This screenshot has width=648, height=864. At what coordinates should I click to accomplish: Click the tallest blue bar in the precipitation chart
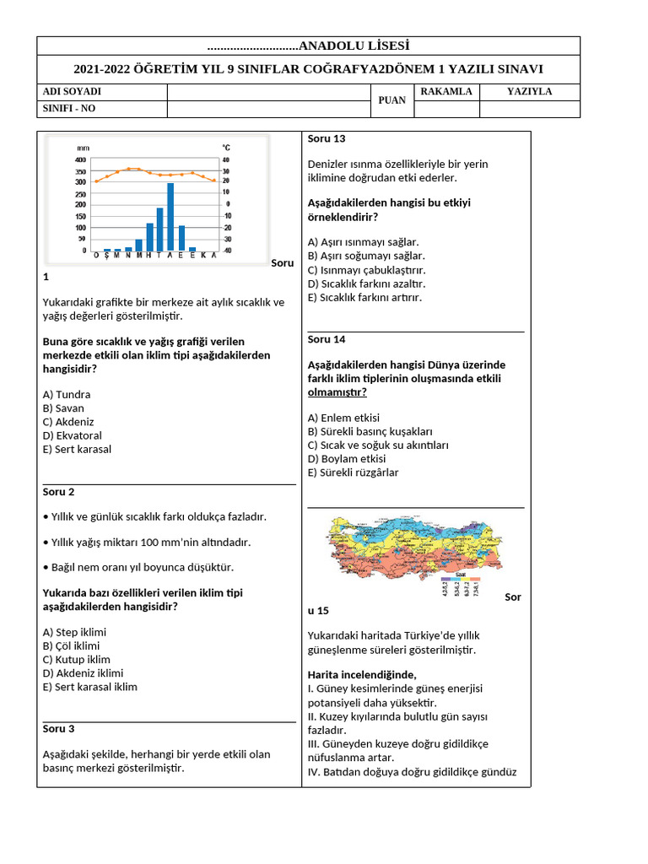[170, 216]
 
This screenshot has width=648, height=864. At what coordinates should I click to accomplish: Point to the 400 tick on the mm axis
[81, 159]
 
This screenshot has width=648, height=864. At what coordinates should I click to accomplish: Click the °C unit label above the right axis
[226, 148]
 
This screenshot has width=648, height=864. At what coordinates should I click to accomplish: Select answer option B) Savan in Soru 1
[63, 408]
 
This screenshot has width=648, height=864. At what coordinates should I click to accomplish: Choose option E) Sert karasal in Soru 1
[77, 449]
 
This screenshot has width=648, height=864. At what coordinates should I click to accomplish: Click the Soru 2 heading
[59, 492]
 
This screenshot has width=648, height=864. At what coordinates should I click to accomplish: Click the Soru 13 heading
[327, 139]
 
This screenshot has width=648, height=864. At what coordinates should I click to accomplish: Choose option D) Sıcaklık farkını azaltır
[366, 283]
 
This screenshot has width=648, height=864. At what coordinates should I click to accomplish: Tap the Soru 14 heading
[327, 339]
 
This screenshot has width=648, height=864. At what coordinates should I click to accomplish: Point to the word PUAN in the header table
[391, 100]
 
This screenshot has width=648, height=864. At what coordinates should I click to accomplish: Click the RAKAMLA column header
[445, 92]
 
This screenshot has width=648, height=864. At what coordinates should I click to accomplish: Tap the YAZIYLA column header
[529, 92]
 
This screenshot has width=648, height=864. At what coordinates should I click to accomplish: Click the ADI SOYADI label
[72, 92]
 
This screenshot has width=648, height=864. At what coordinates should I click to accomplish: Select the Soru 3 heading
[59, 729]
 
